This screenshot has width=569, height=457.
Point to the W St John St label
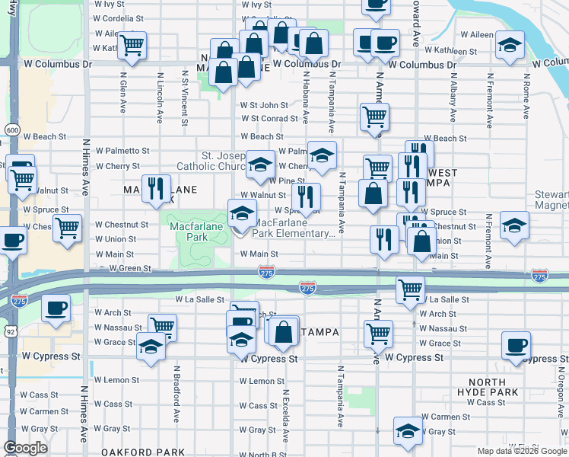tap(264, 105)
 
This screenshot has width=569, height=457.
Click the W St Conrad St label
tap(269, 119)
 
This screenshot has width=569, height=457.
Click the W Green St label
tap(130, 269)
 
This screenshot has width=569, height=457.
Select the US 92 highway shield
tap(10, 331)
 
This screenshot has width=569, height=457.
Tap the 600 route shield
tap(11, 130)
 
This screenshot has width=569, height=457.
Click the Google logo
tap(25, 449)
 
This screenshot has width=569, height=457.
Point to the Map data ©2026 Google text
tap(522, 451)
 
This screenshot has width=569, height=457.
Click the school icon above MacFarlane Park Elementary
tap(242, 213)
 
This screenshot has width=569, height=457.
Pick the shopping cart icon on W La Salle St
tap(410, 288)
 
